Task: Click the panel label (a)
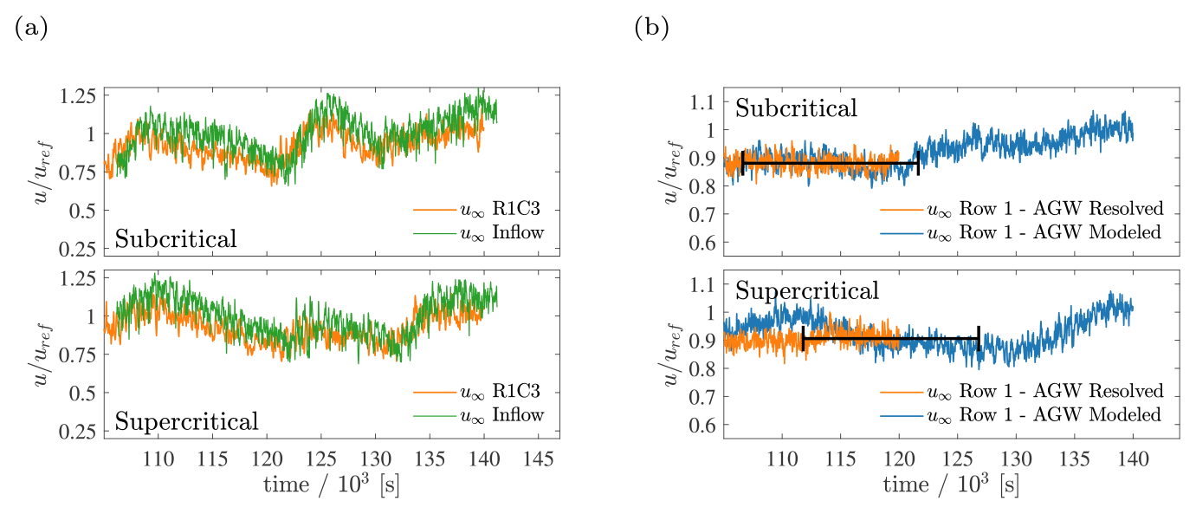click(30, 28)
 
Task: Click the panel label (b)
click(651, 28)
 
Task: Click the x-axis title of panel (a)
click(332, 485)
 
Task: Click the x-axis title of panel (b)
click(951, 485)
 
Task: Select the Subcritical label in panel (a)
click(176, 239)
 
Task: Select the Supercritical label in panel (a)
click(187, 422)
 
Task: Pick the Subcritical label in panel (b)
click(797, 108)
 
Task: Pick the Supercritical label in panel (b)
click(807, 290)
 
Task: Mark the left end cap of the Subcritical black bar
click(743, 163)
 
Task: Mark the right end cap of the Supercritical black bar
click(979, 338)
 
